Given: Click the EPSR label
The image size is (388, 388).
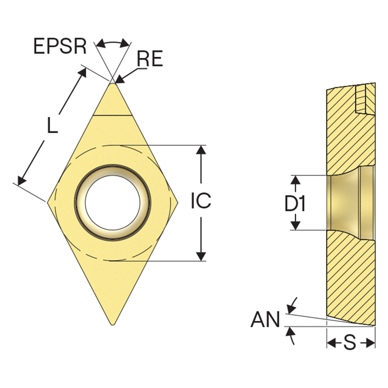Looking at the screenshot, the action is point(60,46).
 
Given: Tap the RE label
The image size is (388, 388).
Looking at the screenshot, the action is point(150,59).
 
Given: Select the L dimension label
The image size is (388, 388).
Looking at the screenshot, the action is point(52,125).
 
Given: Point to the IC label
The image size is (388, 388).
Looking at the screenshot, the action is point(201,200).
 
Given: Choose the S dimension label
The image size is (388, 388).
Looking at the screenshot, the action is point(350,343).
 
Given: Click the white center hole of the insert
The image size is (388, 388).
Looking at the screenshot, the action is point(112,202).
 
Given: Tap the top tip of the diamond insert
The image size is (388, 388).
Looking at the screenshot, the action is point(112,83).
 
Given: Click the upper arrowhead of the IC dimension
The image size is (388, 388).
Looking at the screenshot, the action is point(201,150).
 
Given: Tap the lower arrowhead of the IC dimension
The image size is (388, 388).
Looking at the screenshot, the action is point(201,256).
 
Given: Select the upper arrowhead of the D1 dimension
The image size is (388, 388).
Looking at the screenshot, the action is point(296,180).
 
